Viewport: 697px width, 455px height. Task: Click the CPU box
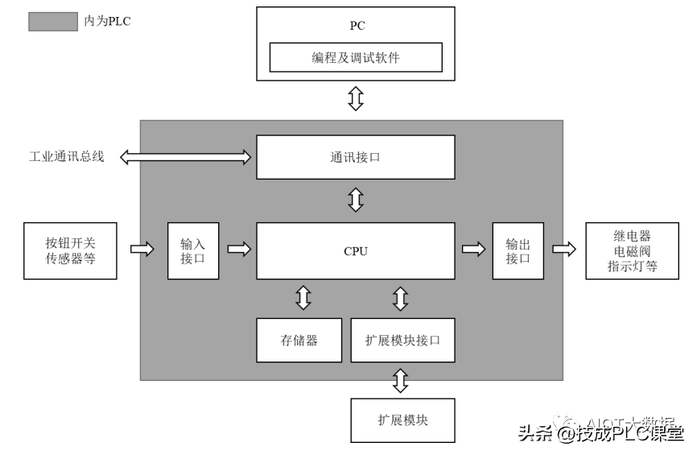pyautogui.click(x=355, y=250)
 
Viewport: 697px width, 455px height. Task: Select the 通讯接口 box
pyautogui.click(x=355, y=157)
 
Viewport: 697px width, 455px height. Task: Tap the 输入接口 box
pyautogui.click(x=193, y=250)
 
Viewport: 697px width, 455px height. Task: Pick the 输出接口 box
pyautogui.click(x=518, y=250)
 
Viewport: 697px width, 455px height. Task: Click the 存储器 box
pyautogui.click(x=299, y=340)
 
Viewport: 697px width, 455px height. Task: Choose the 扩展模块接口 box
pyautogui.click(x=402, y=340)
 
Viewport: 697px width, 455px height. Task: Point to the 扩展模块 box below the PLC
pyautogui.click(x=402, y=420)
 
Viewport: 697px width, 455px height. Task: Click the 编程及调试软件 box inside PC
pyautogui.click(x=355, y=58)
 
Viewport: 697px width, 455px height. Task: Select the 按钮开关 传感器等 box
pyautogui.click(x=71, y=250)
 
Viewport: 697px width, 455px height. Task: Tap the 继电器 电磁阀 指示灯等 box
pyautogui.click(x=632, y=250)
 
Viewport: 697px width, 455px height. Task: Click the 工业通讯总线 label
pyautogui.click(x=67, y=156)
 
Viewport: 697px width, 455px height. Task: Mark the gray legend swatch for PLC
pyautogui.click(x=53, y=22)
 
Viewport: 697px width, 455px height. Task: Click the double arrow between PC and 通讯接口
pyautogui.click(x=355, y=99)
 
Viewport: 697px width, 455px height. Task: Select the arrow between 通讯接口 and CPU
pyautogui.click(x=355, y=200)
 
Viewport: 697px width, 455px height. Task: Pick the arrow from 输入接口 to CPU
pyautogui.click(x=238, y=250)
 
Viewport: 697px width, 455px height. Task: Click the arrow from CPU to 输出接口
pyautogui.click(x=473, y=250)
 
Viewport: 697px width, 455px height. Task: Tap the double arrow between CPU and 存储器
pyautogui.click(x=303, y=297)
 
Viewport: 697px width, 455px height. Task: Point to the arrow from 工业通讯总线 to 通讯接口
pyautogui.click(x=186, y=156)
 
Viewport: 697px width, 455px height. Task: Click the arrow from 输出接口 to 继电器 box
pyautogui.click(x=564, y=250)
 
